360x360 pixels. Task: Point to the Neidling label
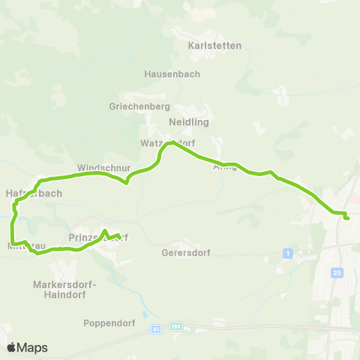coord(189,121)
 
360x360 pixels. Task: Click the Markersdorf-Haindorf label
coord(59,289)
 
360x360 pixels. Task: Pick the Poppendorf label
coord(108,324)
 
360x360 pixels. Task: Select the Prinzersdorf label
coord(97,238)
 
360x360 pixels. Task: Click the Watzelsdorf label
coord(167,142)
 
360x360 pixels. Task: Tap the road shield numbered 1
coord(287,253)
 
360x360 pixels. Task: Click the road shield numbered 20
coord(337,273)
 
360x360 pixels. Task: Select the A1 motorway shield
coord(156,328)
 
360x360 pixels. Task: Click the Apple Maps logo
coord(27,347)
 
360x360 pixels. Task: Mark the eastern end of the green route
coord(348,218)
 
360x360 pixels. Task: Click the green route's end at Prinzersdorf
coord(120,238)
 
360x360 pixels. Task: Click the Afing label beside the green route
coord(225,166)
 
